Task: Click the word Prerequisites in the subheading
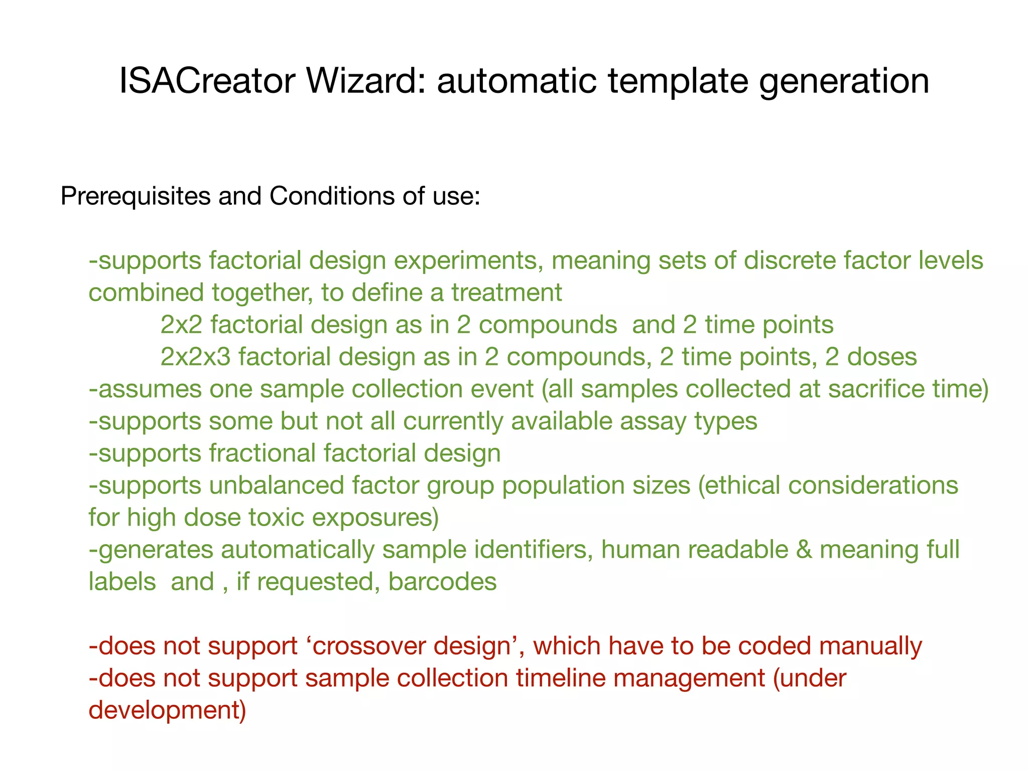click(x=136, y=196)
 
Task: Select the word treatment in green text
click(x=506, y=293)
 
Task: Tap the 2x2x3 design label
click(x=195, y=357)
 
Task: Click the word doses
click(x=882, y=357)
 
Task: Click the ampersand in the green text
click(x=804, y=550)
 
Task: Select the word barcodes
click(x=442, y=582)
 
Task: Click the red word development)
click(x=167, y=710)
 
